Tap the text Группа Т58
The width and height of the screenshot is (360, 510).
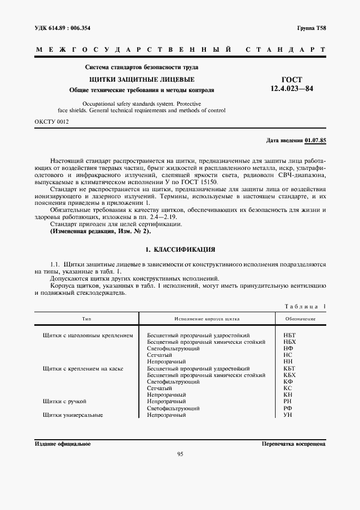311,28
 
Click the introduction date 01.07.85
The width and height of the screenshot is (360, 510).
315,141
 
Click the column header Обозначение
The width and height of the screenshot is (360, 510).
300,319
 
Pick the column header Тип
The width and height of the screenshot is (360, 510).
86,319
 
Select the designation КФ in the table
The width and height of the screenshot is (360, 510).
289,381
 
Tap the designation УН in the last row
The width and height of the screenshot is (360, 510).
289,415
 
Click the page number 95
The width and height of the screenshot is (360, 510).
180,455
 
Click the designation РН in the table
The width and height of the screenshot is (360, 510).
289,402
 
